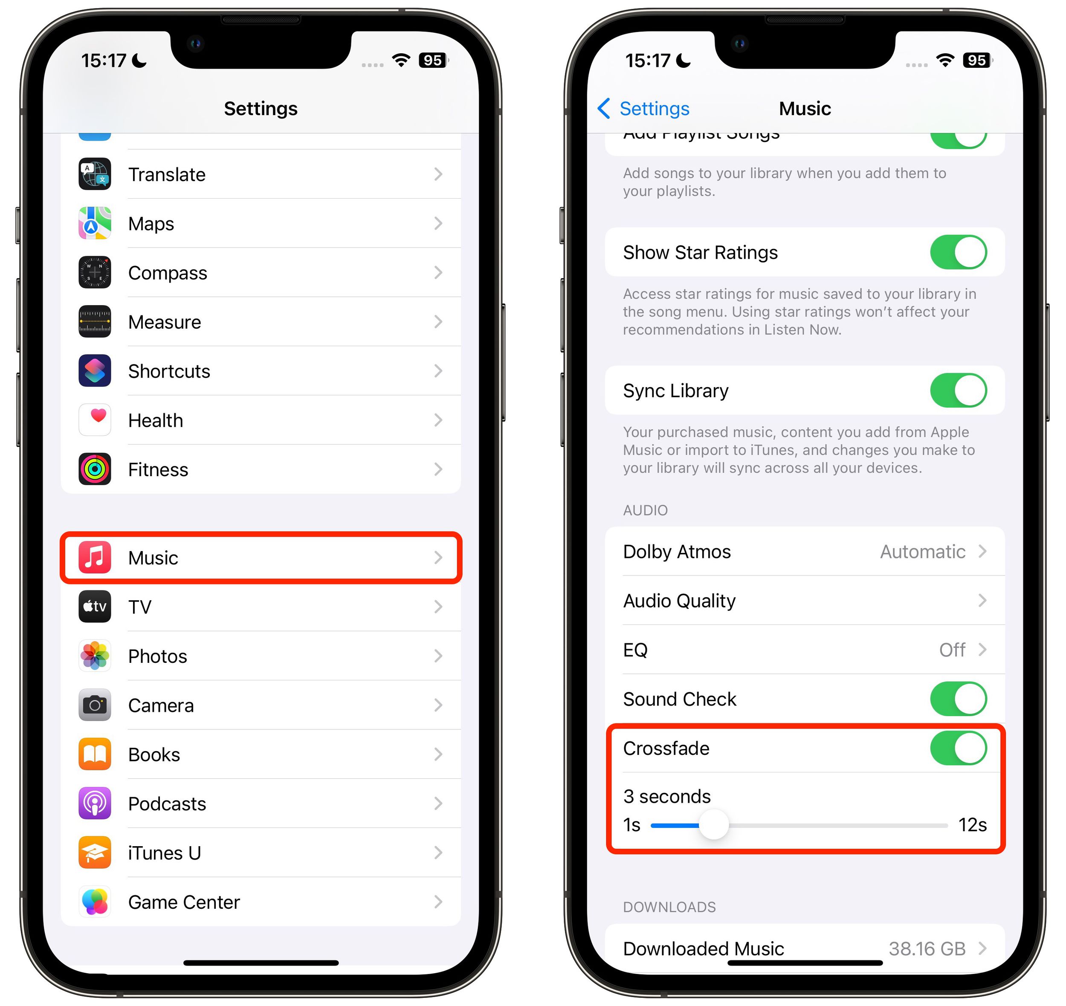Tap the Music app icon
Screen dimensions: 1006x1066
94,558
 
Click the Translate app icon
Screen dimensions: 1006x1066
94,174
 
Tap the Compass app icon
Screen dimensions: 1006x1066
94,272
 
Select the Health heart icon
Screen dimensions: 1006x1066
94,420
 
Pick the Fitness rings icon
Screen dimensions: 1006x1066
94,469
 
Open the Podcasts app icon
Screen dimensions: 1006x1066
94,803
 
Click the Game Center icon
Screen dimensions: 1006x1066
94,902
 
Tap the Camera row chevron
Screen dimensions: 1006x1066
438,705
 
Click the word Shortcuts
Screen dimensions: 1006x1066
169,371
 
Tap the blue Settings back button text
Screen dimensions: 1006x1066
654,109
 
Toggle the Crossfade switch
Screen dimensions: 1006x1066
958,748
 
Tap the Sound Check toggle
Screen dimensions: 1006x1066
958,699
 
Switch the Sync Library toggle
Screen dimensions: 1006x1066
958,390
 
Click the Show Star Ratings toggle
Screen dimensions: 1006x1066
958,252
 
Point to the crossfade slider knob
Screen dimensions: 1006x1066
713,825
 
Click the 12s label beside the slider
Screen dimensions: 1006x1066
972,825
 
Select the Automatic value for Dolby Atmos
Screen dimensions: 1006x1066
922,552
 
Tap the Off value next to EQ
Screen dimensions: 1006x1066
952,650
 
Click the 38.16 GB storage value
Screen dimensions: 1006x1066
927,948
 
